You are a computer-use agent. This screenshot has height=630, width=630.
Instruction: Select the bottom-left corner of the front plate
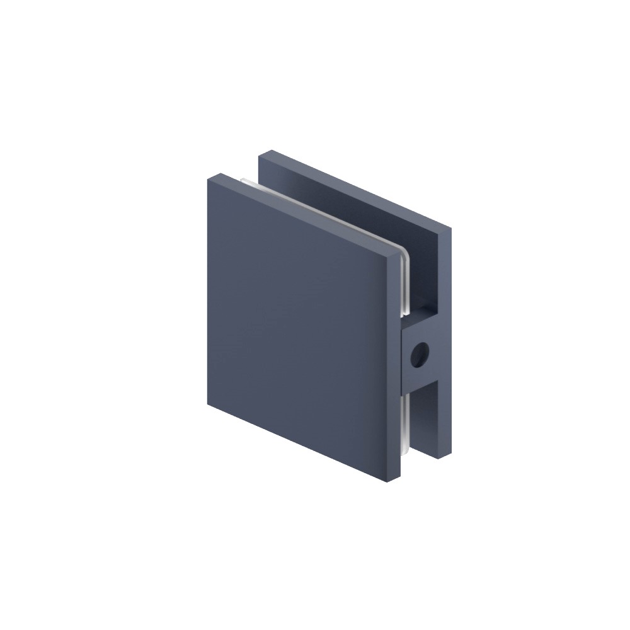tap(209, 404)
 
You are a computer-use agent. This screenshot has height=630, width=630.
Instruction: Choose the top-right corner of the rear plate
tap(451, 231)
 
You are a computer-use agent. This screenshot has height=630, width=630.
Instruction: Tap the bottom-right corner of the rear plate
tap(450, 455)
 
